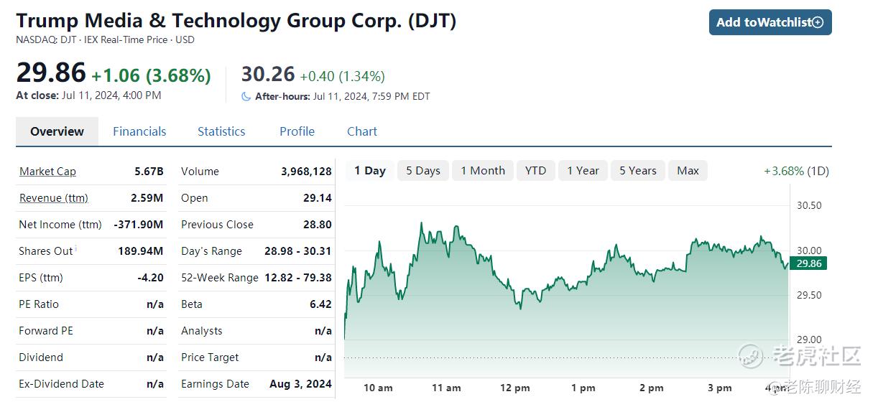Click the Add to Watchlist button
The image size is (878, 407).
click(770, 22)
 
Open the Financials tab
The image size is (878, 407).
click(139, 131)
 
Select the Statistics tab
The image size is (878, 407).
click(221, 131)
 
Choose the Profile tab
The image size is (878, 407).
click(297, 131)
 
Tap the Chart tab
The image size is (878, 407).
click(362, 131)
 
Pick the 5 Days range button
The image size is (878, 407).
click(423, 171)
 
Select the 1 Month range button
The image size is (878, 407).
click(483, 171)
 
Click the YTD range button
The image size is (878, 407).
click(535, 171)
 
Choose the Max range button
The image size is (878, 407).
click(688, 171)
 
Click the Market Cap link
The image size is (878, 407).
click(47, 172)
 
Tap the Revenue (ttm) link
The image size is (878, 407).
click(54, 198)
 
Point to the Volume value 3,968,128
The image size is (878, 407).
click(306, 172)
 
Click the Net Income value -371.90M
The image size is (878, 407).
click(139, 225)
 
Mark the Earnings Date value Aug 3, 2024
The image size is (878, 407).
click(300, 384)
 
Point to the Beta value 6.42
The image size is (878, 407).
click(320, 304)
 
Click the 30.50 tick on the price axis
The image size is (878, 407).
click(809, 206)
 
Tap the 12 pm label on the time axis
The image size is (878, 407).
click(514, 388)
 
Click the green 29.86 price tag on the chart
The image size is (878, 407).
click(808, 263)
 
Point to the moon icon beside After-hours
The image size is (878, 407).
click(246, 96)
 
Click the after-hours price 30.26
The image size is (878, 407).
click(268, 74)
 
